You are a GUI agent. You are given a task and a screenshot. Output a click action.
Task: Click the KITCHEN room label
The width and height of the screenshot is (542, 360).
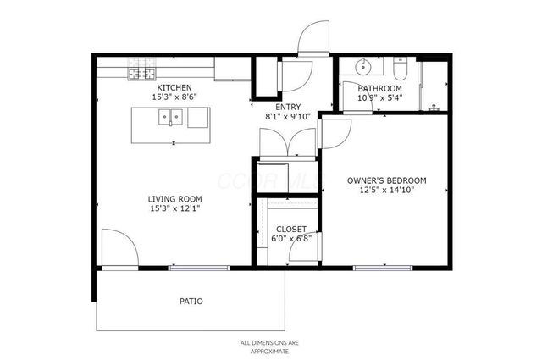[173, 87]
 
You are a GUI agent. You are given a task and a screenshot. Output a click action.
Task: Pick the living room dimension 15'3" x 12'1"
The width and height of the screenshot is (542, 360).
[174, 208]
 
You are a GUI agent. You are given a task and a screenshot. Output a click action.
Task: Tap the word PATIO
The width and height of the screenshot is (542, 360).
[191, 301]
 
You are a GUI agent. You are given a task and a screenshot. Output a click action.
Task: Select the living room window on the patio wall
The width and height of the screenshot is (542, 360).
[199, 269]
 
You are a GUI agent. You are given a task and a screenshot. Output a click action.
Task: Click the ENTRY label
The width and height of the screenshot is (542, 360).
[288, 106]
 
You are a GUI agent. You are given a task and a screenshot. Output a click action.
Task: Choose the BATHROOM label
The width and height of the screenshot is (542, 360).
[379, 88]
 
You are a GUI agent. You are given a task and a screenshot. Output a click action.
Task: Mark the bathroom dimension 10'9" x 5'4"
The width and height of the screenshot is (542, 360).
[379, 97]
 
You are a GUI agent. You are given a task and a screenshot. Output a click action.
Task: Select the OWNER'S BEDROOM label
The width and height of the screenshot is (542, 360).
[386, 180]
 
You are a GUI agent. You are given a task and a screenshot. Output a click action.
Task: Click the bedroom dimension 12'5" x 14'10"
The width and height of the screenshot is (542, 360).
[386, 191]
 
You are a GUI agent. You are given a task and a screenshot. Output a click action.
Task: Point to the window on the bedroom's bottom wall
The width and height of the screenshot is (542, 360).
[382, 269]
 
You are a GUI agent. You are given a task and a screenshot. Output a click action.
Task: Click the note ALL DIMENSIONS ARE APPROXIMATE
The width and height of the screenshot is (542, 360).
[270, 346]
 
